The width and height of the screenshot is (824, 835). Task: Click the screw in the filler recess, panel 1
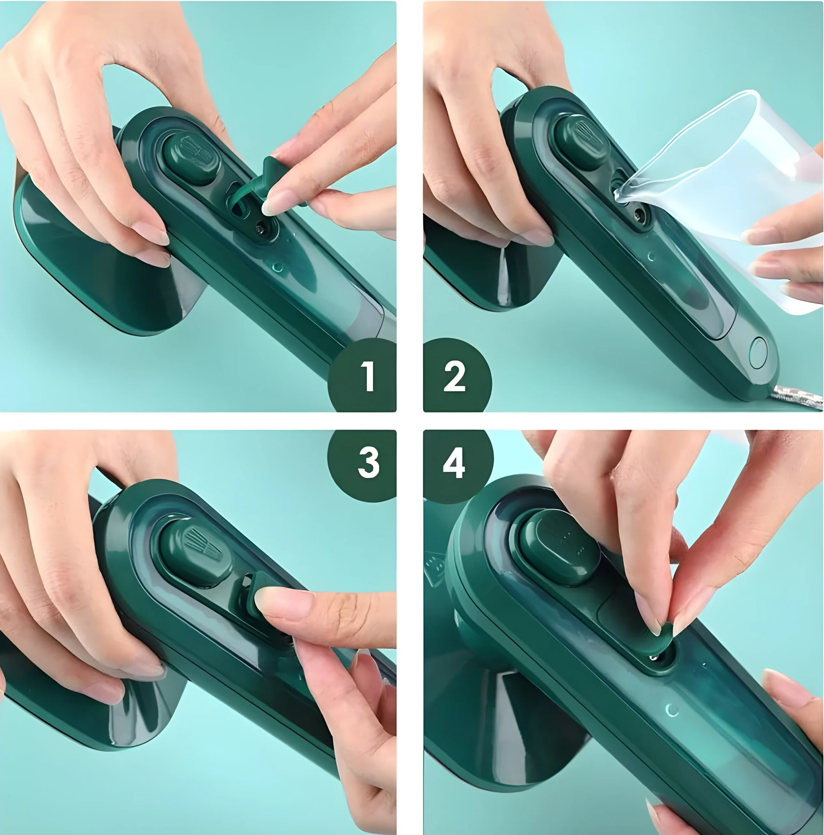(261, 227)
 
